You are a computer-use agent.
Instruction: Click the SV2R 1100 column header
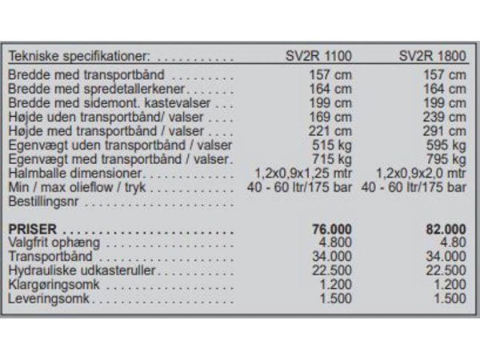[319, 57]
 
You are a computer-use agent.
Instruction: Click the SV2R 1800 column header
[432, 57]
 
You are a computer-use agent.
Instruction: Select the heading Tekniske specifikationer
[79, 57]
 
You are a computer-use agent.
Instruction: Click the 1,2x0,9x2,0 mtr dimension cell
[422, 172]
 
